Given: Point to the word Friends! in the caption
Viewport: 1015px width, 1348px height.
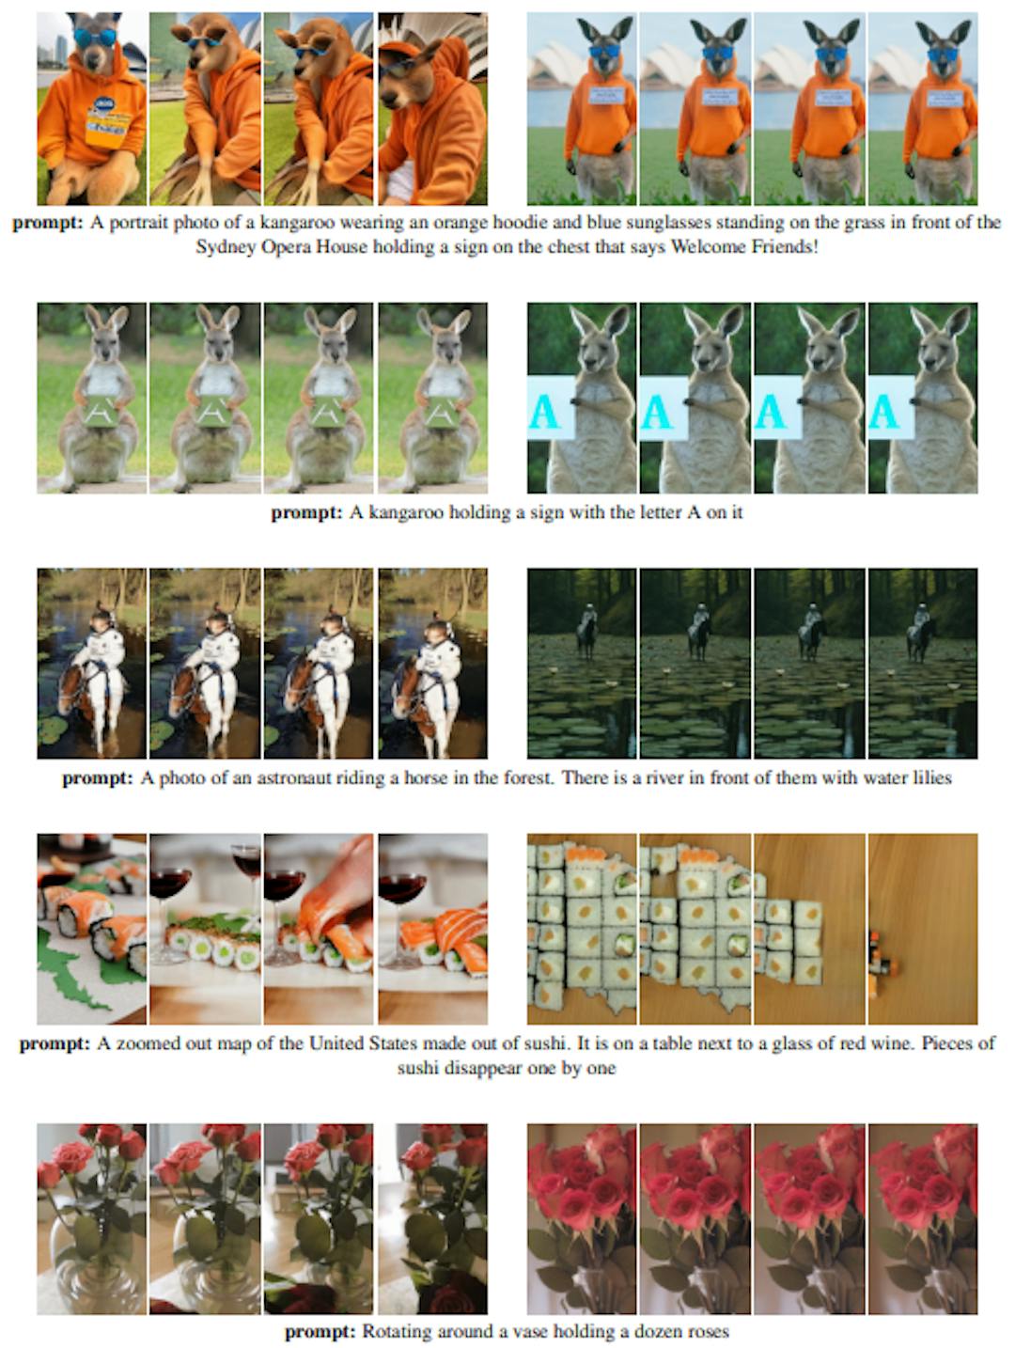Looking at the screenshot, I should point(784,247).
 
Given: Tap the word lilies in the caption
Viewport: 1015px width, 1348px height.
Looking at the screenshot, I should point(929,777).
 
